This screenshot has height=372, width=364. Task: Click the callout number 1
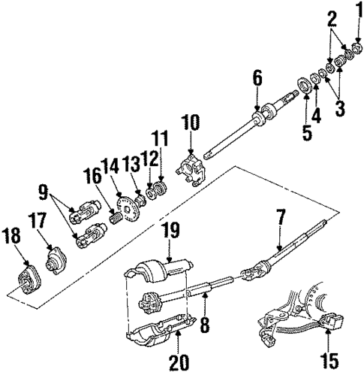tap(358, 11)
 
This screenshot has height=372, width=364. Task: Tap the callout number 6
tap(257, 77)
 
